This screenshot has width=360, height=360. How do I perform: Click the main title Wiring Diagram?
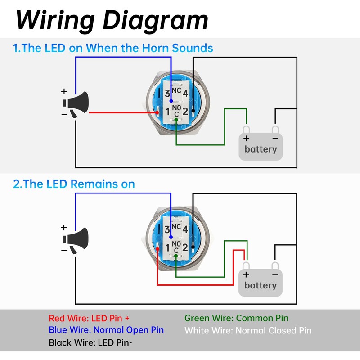click(112, 20)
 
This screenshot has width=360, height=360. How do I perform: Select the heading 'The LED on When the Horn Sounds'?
click(113, 48)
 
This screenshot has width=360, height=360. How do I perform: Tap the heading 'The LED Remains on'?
click(74, 184)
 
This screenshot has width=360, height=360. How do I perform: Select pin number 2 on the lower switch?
click(185, 247)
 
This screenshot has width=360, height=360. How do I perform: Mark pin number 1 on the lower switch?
click(168, 247)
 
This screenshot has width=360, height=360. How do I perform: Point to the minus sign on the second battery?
click(274, 274)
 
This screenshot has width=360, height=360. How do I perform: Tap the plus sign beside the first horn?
click(64, 91)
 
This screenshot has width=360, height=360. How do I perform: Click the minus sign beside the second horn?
click(64, 250)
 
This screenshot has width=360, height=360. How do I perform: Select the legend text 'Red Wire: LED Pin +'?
click(92, 318)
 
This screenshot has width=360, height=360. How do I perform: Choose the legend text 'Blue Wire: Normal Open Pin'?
click(106, 330)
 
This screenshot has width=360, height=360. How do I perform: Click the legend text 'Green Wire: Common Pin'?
click(236, 318)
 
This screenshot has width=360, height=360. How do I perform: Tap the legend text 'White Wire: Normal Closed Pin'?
click(248, 330)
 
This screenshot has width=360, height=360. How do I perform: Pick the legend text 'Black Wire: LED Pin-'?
click(90, 342)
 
